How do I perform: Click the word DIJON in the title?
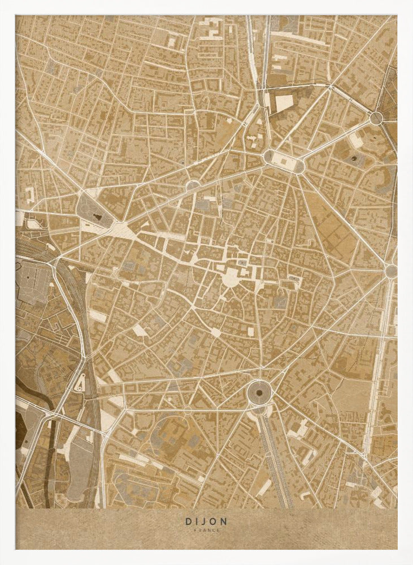pos(206,522)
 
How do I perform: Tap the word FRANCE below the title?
pos(206,530)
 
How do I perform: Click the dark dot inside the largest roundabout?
pos(259,391)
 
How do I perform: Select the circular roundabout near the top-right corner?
pos(376,118)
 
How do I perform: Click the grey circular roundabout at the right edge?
pos(390,271)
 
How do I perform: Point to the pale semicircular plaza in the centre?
pos(230,277)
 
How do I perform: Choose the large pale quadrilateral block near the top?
pos(284,103)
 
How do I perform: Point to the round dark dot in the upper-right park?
pos(354,159)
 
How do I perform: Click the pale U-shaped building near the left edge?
pos(29,195)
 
